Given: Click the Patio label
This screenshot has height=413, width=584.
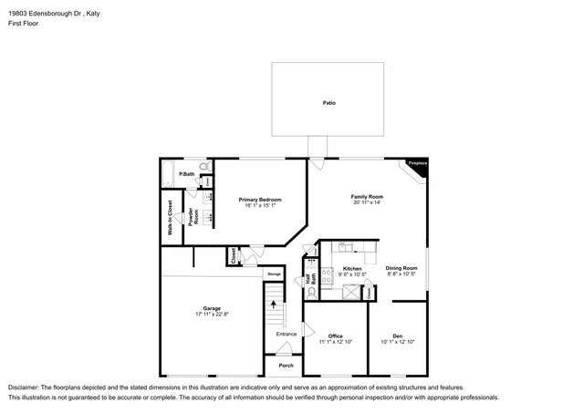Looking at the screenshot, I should tap(328, 102).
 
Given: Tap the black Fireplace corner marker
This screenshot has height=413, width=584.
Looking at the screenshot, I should tap(418, 163).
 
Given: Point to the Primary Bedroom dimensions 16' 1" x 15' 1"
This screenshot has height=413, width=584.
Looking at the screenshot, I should tap(260, 205).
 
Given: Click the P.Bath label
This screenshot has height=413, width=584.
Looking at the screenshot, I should tap(186, 174).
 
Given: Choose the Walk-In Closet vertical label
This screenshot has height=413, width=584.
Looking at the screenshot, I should tap(170, 219).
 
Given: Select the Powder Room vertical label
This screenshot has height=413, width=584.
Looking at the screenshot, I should tap(192, 217).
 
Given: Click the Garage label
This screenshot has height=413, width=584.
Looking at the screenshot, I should tap(212, 308).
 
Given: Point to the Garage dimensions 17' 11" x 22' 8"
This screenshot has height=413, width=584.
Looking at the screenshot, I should tap(212, 315).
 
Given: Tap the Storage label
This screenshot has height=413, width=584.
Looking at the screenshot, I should tap(274, 274).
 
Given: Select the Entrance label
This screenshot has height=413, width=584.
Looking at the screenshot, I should tap(287, 336).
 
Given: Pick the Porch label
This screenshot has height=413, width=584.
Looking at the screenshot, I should tap(286, 366).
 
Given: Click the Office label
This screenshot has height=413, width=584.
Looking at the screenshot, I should tap(335, 336).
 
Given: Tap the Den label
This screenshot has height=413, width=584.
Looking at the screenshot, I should tap(398, 336).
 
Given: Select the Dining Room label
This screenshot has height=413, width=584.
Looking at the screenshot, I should tap(401, 267).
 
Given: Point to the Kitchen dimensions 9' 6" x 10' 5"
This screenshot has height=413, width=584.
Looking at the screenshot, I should tap(352, 274).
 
